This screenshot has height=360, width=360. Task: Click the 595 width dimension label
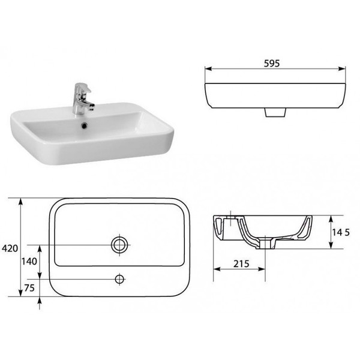tap(272, 64)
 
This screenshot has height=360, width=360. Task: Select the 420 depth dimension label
tap(10, 248)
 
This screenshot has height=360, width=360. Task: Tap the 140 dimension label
tap(29, 261)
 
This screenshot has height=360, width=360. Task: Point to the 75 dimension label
tap(29, 288)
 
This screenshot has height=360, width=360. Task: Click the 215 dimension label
tap(241, 264)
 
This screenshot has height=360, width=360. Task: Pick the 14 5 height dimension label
tap(341, 233)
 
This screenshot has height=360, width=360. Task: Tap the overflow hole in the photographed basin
tap(85, 125)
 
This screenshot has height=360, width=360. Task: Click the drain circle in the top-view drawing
tap(119, 245)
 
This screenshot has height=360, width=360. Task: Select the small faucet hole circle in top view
tap(119, 279)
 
